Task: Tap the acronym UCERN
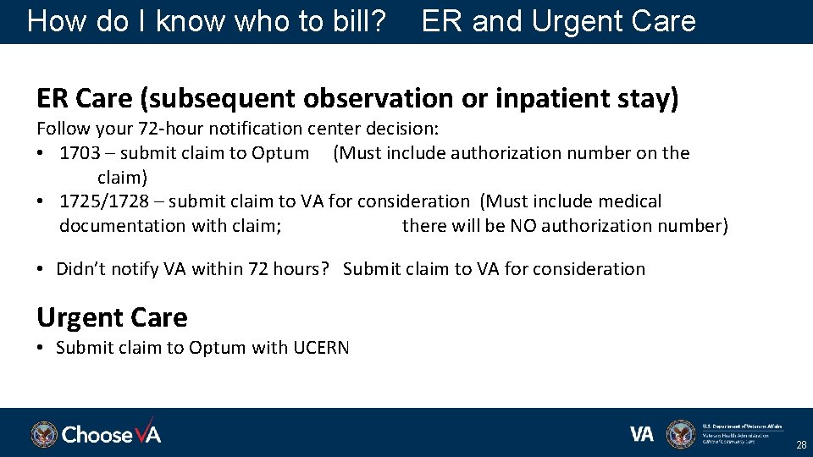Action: [x=321, y=348]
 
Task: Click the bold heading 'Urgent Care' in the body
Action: [x=112, y=317]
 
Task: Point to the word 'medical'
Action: [x=630, y=201]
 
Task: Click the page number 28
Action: [x=800, y=445]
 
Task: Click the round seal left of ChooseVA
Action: [x=44, y=434]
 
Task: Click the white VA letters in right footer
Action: [x=642, y=434]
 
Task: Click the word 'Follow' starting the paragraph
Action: [x=63, y=129]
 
